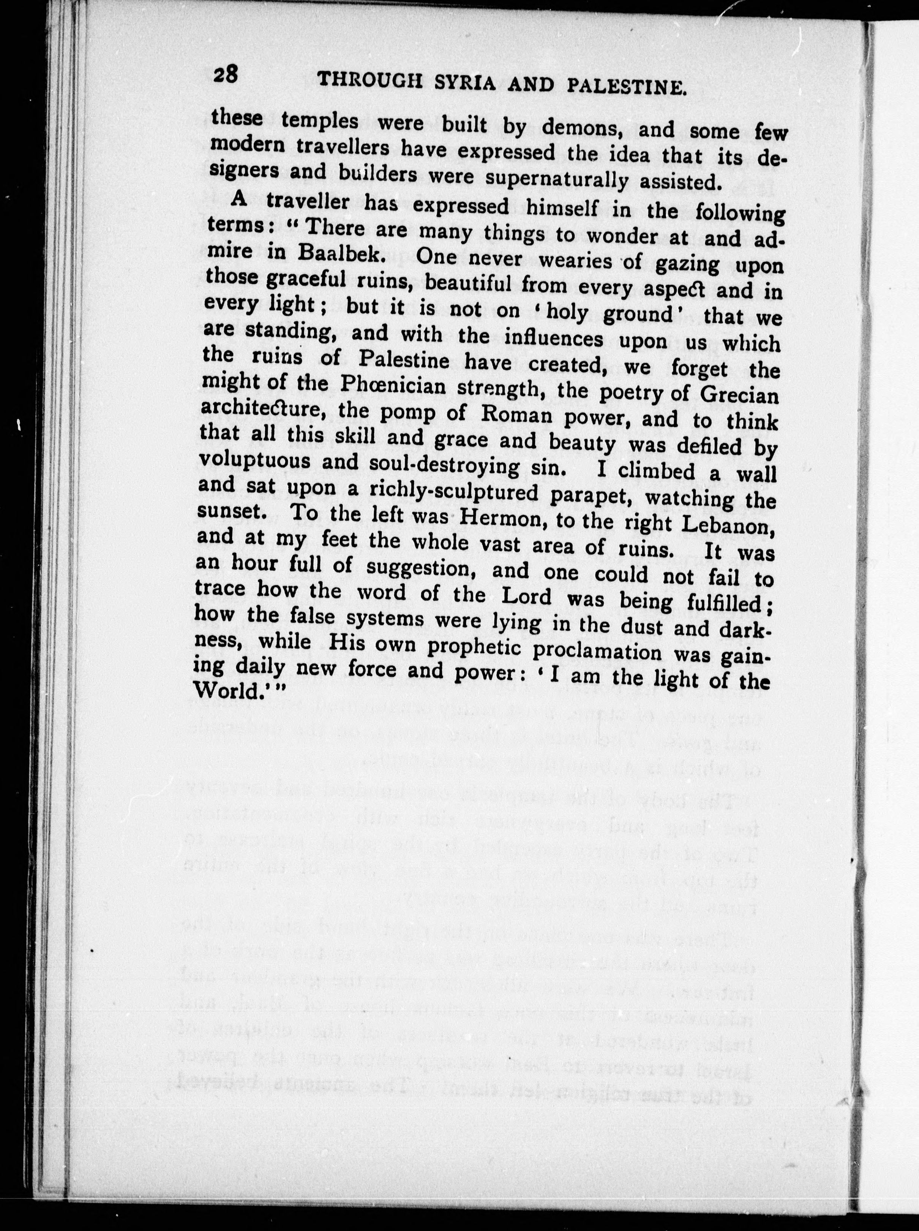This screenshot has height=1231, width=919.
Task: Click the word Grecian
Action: pyautogui.click(x=739, y=394)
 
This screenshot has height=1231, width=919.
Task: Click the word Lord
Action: pyautogui.click(x=526, y=597)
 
